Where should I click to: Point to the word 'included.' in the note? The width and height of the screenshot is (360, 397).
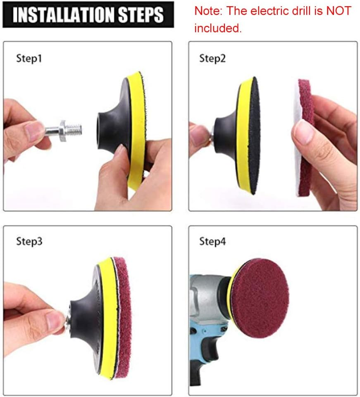click(x=218, y=28)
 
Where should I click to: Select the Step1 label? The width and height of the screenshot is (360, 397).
click(x=29, y=58)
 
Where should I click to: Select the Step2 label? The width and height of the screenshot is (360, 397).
click(x=212, y=58)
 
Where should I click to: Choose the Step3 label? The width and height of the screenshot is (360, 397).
click(x=29, y=241)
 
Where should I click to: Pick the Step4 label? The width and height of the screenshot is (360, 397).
click(x=212, y=241)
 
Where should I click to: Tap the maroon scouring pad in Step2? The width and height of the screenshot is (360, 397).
click(x=306, y=136)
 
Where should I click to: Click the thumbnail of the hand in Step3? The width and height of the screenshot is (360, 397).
click(x=54, y=321)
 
